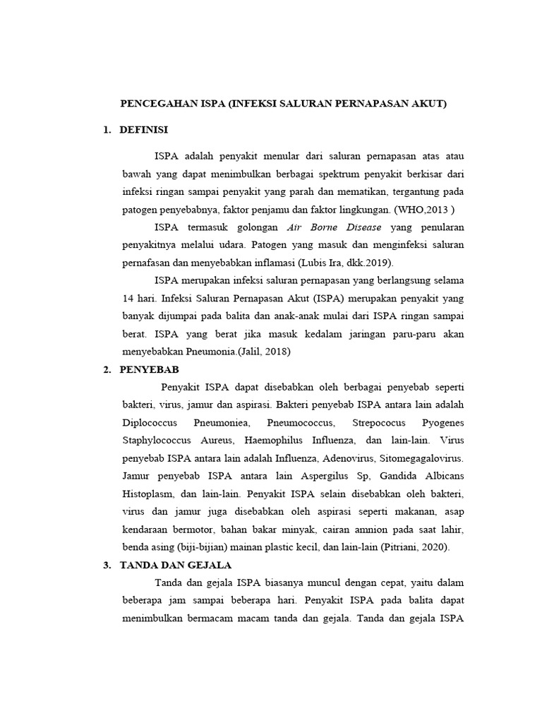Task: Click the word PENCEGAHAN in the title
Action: pos(152,104)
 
